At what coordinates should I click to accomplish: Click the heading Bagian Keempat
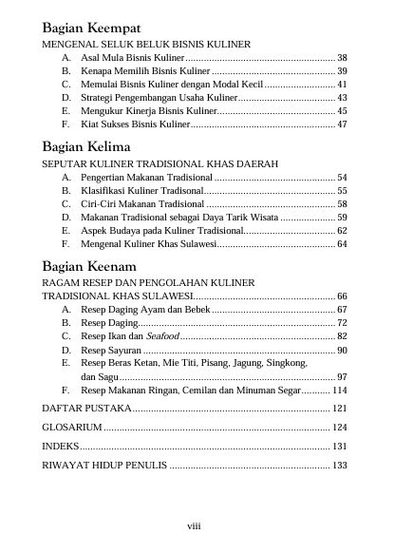coord(92,27)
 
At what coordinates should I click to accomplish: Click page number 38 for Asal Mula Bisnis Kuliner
coord(342,58)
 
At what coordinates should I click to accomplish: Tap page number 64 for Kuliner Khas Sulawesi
coord(342,244)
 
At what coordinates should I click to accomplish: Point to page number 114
coord(339,390)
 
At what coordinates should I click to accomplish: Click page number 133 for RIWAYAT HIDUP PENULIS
coord(339,465)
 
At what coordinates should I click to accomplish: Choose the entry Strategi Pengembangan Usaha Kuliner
coord(157,98)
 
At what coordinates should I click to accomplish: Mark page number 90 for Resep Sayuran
coord(342,350)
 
